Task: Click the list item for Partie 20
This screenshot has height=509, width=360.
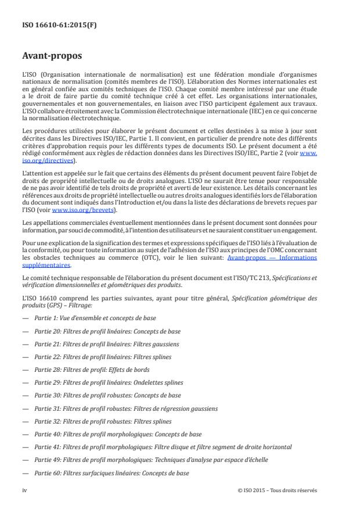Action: click(x=107, y=331)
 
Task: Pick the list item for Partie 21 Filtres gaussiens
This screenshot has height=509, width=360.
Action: click(x=106, y=344)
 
